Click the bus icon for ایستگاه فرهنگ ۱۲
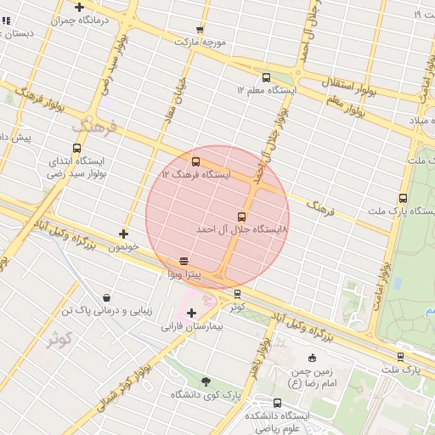pos(196,161)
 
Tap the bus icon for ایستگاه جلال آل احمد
pos(241,217)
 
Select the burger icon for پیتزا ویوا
pos(184,261)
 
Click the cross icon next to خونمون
pos(124,234)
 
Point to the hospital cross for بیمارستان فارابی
pos(191,313)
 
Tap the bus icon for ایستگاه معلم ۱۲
pos(267,77)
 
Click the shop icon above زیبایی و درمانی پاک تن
pos(106,298)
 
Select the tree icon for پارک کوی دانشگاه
pos(206,381)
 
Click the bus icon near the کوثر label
pos(237,294)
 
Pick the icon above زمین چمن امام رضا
pos(312,358)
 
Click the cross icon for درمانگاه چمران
pos(79,7)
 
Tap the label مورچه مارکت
pos(200,41)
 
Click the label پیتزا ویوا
pos(184,274)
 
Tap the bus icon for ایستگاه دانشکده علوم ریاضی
pos(278,403)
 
